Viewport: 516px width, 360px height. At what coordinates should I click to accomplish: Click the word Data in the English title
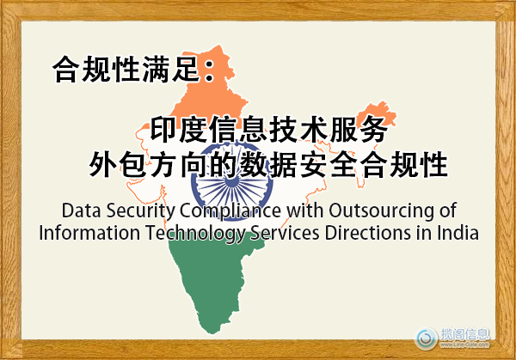click(81, 211)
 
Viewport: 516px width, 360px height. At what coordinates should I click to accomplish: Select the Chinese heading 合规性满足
click(129, 69)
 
